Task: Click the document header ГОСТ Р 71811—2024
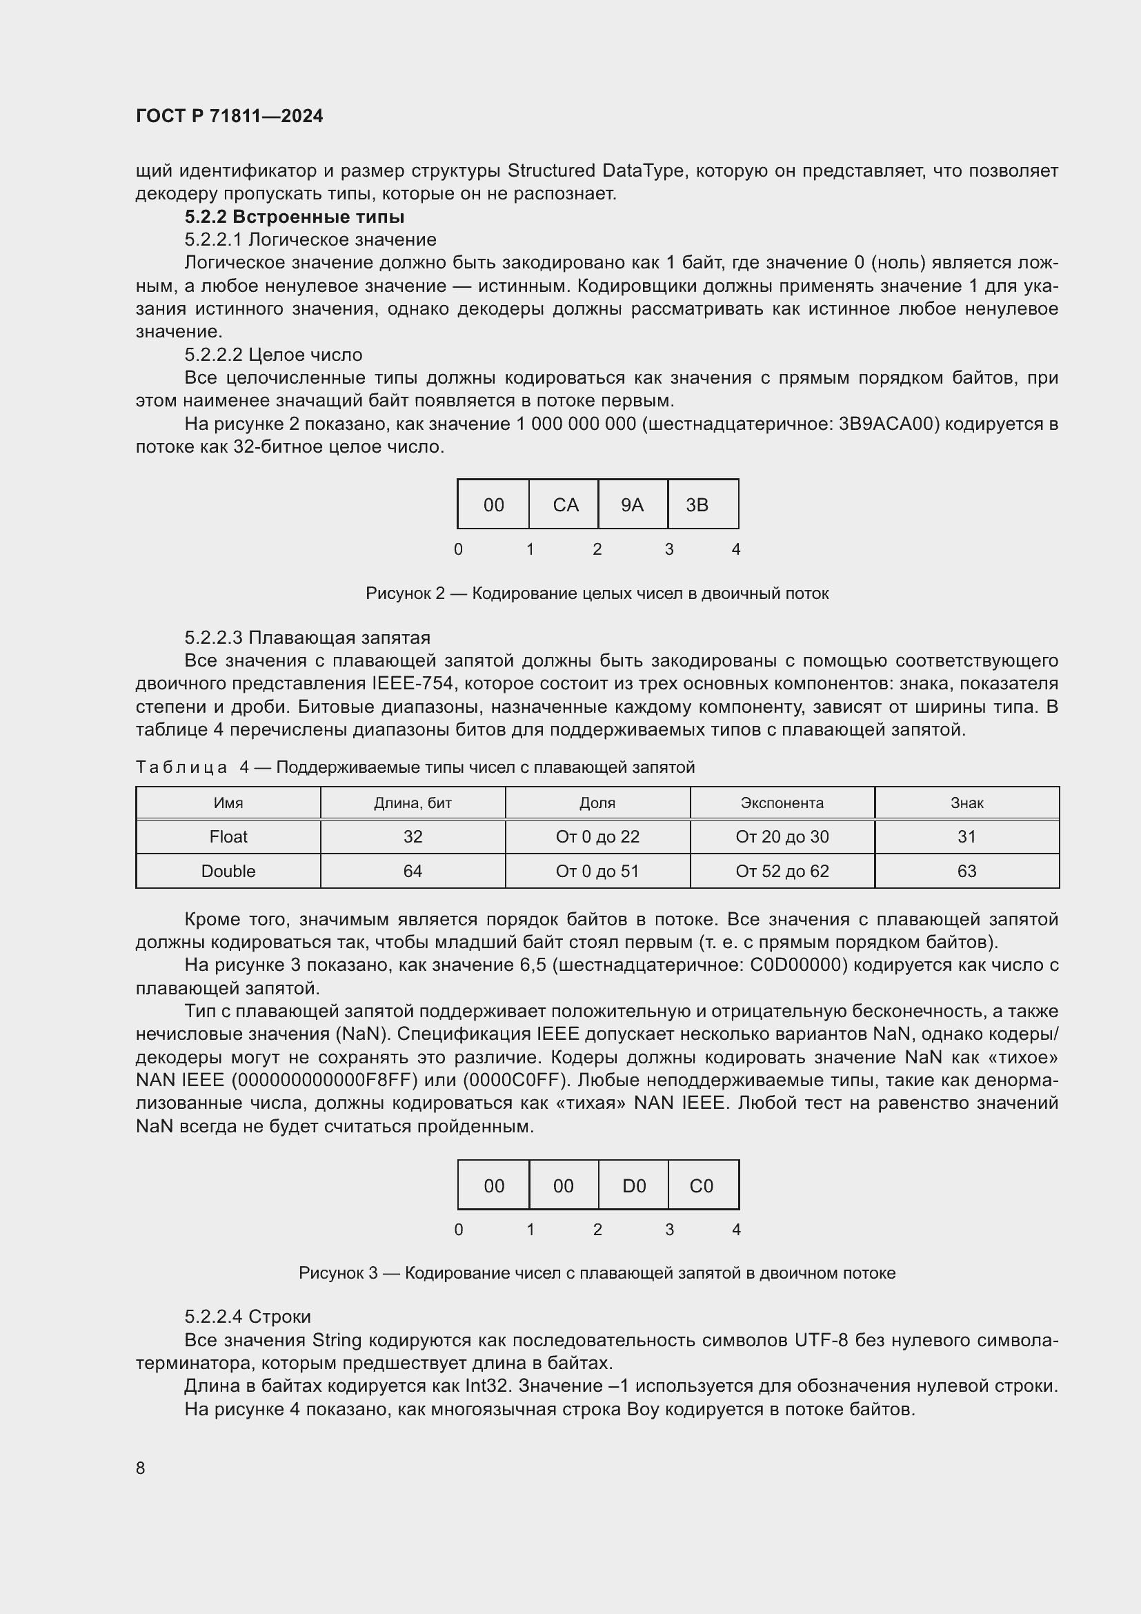229,116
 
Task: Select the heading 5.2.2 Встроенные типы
295,217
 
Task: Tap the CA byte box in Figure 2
564,504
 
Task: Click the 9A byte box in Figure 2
633,504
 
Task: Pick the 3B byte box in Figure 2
702,504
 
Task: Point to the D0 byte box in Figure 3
633,1185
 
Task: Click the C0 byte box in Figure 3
702,1185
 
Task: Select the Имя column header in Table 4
228,803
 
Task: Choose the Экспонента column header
782,803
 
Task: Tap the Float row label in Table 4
228,836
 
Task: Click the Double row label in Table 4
228,871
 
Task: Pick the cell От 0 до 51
597,871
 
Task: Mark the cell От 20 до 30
782,836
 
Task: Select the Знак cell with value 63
966,871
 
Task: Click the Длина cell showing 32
413,836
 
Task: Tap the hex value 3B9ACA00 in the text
889,424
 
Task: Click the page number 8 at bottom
141,1468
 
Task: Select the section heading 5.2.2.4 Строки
248,1317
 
